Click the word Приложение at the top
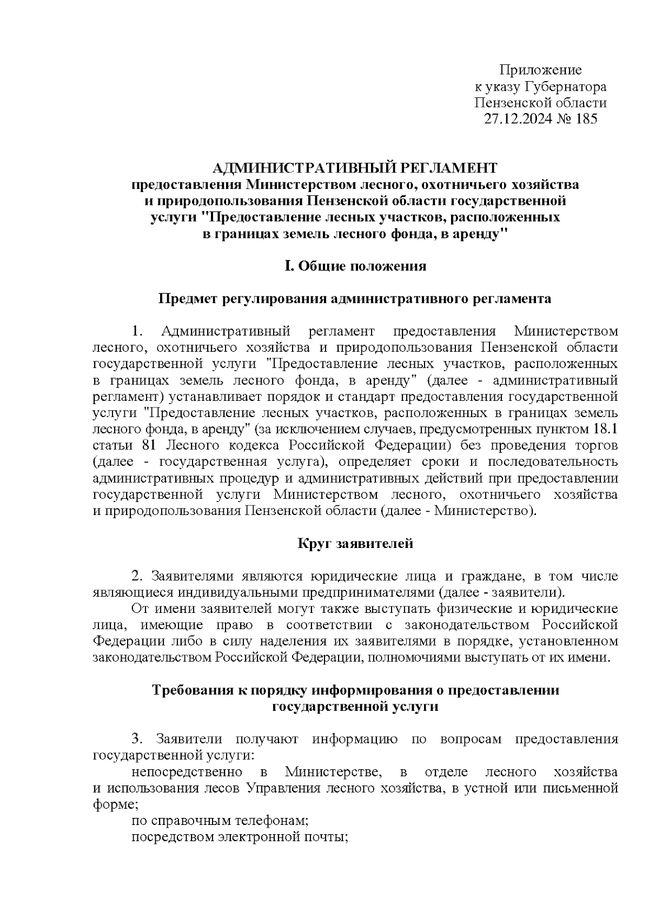coord(540,70)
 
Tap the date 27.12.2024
coord(515,119)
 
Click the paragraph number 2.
coord(136,576)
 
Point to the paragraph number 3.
coord(136,739)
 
